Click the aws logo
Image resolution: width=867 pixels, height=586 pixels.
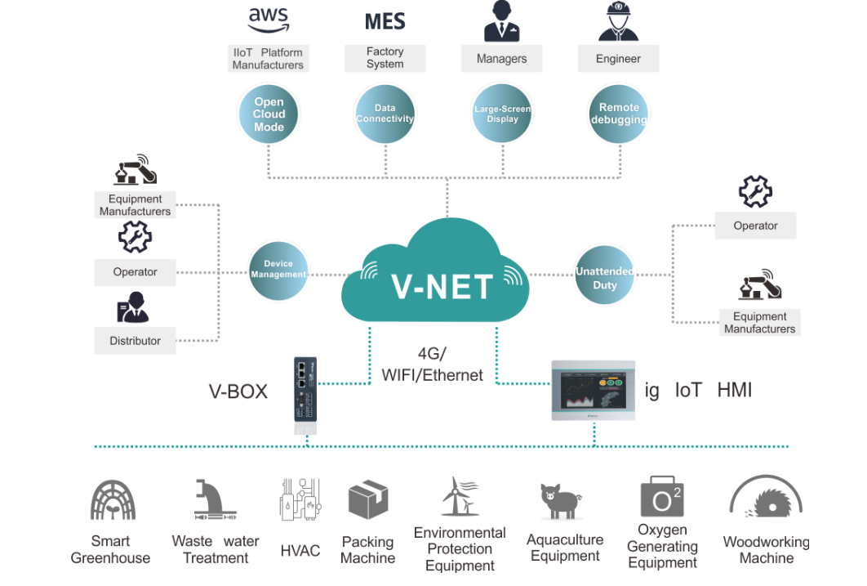click(268, 17)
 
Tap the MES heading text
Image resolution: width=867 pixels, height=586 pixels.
click(385, 20)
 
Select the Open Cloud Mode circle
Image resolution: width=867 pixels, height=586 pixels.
click(269, 114)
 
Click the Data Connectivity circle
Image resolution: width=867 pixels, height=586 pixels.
click(385, 114)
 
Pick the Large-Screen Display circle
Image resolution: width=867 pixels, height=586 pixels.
click(502, 114)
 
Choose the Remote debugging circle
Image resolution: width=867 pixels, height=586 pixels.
click(619, 114)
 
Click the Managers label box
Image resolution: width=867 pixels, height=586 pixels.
click(501, 59)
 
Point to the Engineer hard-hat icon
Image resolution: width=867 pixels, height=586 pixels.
click(618, 21)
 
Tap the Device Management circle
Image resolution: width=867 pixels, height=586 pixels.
click(278, 270)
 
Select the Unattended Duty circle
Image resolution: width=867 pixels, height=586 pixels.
click(605, 278)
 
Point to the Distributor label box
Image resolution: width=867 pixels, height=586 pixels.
click(136, 341)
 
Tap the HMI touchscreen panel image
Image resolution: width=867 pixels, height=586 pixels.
click(594, 390)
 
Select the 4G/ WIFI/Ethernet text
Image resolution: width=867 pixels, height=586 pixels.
click(433, 365)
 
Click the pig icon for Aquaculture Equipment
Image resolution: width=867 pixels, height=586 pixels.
click(562, 499)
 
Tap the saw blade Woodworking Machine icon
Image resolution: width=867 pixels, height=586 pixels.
click(766, 499)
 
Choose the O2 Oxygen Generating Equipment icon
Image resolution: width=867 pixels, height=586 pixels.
click(661, 497)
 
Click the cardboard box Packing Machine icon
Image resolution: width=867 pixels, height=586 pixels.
click(368, 499)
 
